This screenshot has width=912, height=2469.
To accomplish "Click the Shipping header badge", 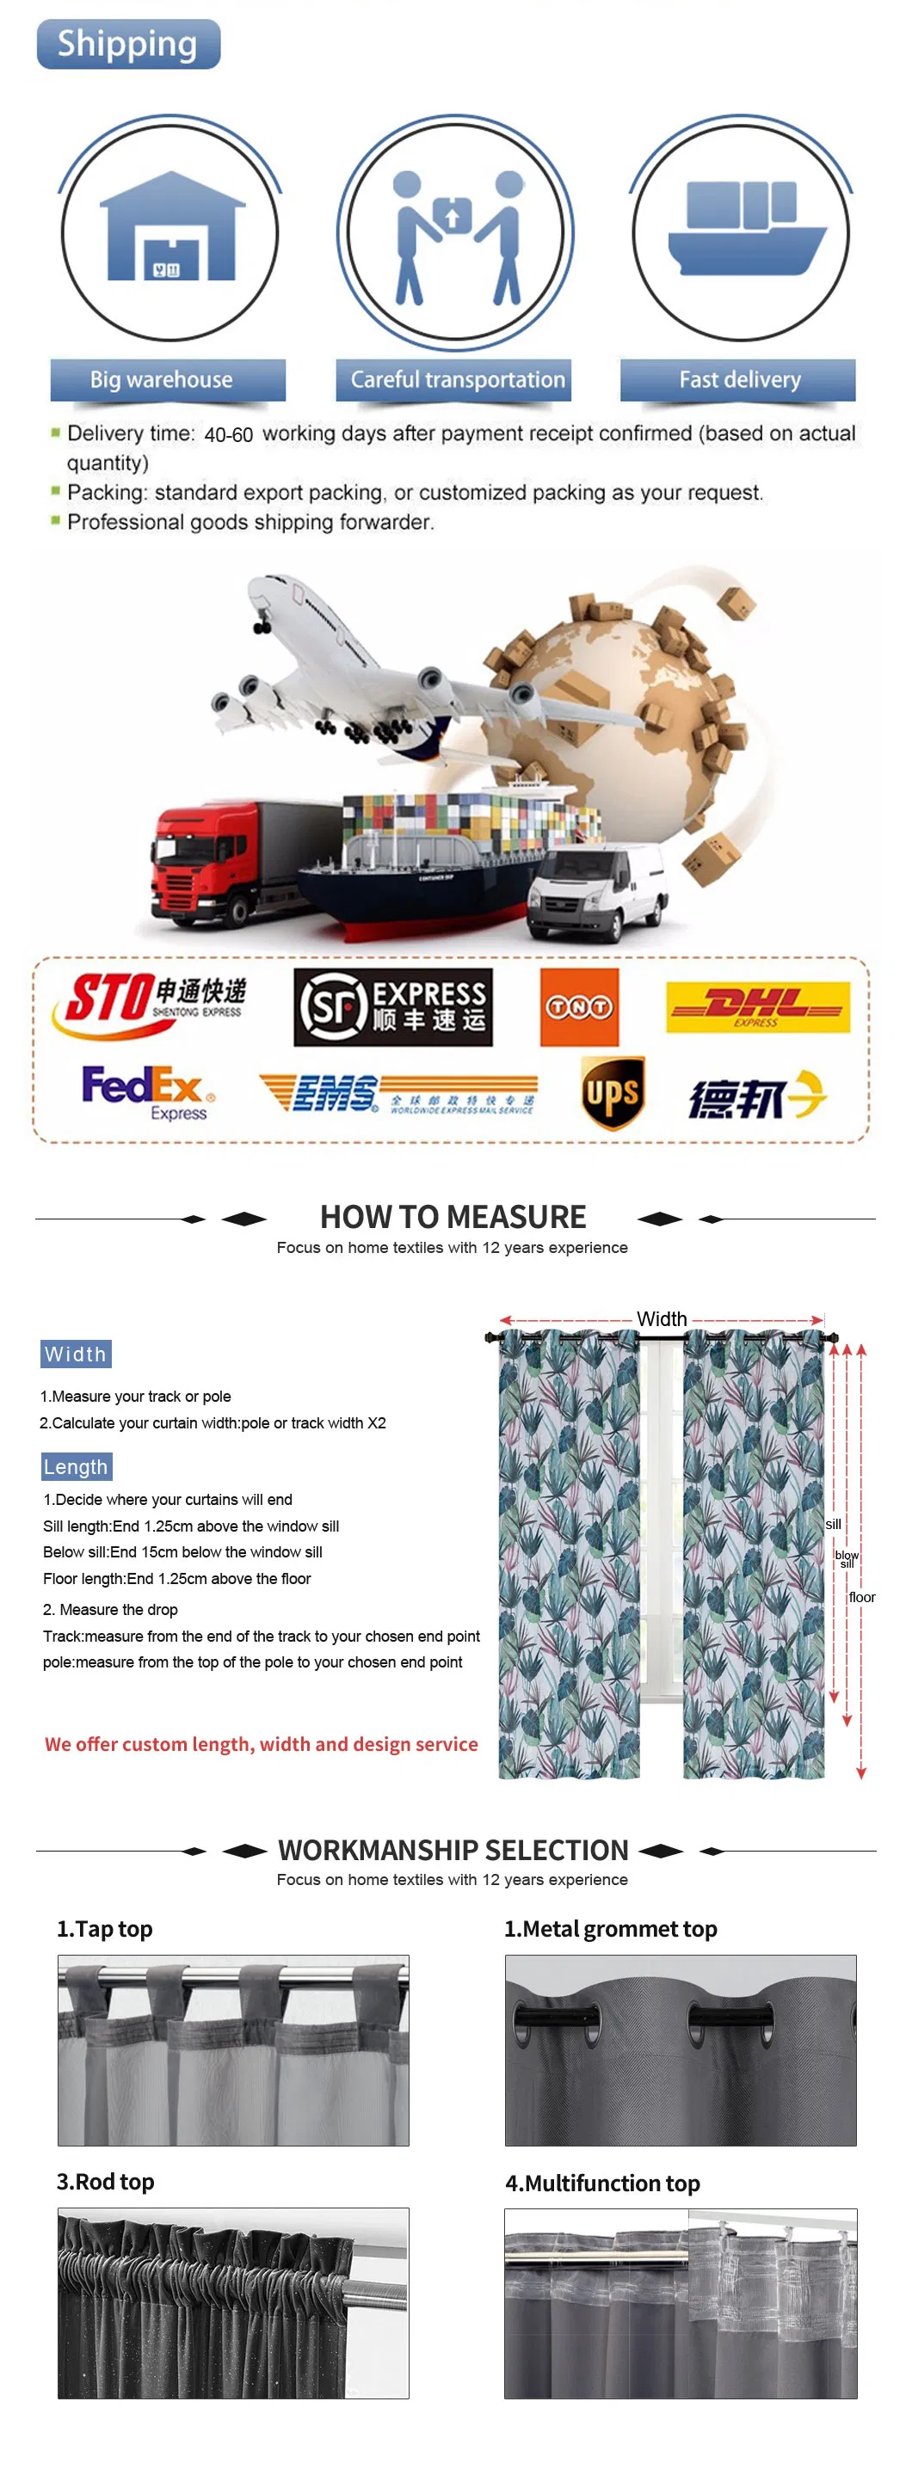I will tap(127, 44).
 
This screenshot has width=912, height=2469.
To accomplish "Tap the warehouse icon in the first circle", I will tap(170, 228).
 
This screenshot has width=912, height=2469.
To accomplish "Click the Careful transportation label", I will tap(455, 380).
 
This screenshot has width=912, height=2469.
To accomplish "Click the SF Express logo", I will tap(392, 1006).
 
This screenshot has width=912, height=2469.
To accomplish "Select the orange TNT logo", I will tap(579, 1006).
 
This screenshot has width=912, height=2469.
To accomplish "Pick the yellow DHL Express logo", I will tap(758, 1006).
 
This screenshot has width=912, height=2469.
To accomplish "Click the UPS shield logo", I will tap(612, 1094).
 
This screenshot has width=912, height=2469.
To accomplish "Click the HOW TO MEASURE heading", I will tap(453, 1217).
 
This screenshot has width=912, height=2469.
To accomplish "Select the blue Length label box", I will tap(76, 1466).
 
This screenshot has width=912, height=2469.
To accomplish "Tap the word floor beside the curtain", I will tap(861, 1598).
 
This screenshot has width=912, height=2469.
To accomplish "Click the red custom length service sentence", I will tap(261, 1744).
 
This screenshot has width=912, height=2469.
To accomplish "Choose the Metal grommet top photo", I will tap(680, 2050).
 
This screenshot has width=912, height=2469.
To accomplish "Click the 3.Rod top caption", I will tap(106, 2183).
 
